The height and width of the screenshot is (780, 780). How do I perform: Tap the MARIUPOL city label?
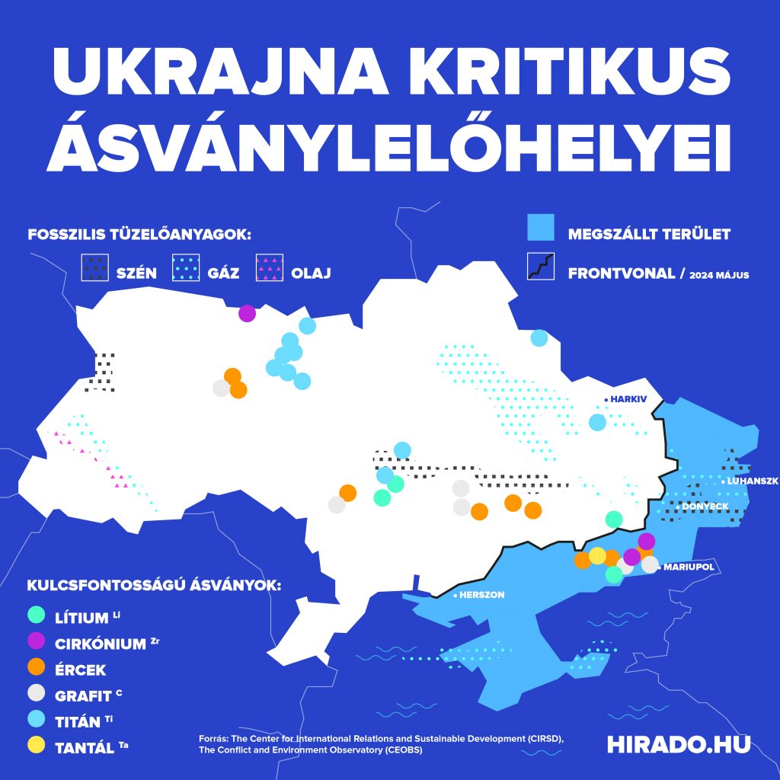click(x=688, y=567)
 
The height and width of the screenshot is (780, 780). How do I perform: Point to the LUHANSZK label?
click(x=751, y=482)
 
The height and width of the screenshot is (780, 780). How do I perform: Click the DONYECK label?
click(x=705, y=507)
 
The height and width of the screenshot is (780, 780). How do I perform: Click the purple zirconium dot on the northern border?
click(x=247, y=313)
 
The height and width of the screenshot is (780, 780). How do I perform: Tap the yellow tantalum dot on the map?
click(x=598, y=555)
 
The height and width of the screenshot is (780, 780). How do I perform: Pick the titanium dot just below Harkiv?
click(x=598, y=422)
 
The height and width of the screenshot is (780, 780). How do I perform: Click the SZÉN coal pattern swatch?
click(x=95, y=267)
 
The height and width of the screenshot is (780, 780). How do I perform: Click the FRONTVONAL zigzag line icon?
click(x=540, y=267)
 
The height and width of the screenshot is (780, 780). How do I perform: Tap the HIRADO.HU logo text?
click(x=678, y=744)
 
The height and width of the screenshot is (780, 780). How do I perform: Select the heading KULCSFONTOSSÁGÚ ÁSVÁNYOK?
click(x=155, y=586)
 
